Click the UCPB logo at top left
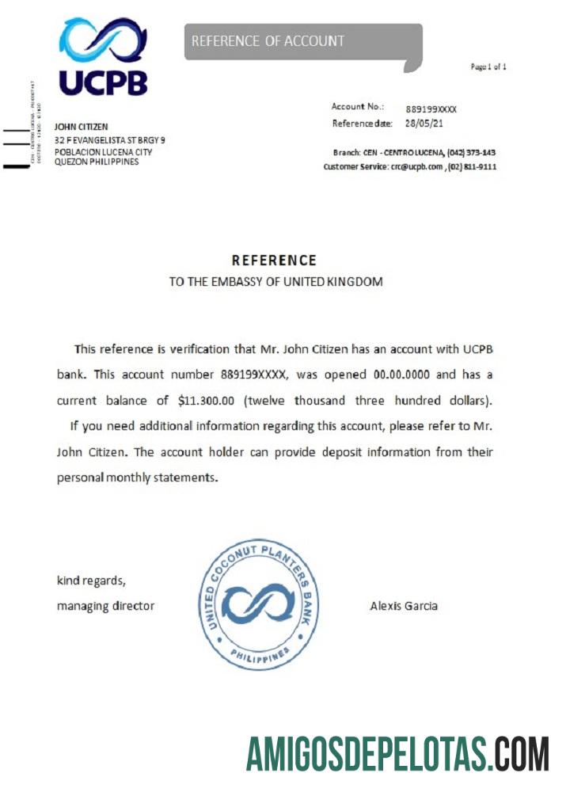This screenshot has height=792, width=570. pyautogui.click(x=102, y=57)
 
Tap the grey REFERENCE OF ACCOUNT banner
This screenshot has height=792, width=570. pyautogui.click(x=303, y=42)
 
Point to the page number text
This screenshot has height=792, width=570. pyautogui.click(x=488, y=67)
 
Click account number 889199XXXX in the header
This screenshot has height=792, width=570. pyautogui.click(x=431, y=109)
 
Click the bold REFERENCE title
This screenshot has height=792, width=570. pyautogui.click(x=274, y=261)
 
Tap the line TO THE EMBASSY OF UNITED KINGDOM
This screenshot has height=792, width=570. pyautogui.click(x=275, y=282)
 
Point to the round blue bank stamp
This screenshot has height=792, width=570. pyautogui.click(x=258, y=604)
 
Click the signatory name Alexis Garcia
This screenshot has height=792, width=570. pyautogui.click(x=404, y=607)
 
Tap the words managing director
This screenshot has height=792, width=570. pyautogui.click(x=105, y=607)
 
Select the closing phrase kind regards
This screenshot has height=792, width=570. pyautogui.click(x=91, y=581)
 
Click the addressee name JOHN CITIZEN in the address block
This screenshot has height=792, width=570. pyautogui.click(x=81, y=127)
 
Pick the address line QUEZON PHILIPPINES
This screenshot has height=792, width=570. pyautogui.click(x=96, y=162)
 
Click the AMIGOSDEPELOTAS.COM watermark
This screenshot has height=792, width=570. pyautogui.click(x=397, y=753)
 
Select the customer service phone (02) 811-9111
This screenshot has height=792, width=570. pyautogui.click(x=473, y=166)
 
